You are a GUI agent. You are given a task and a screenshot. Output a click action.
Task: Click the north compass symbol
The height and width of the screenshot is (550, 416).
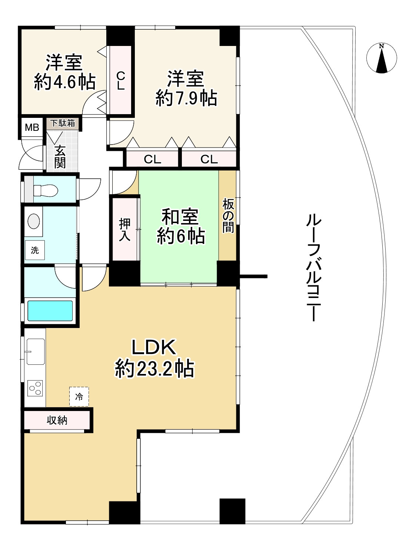(381, 59)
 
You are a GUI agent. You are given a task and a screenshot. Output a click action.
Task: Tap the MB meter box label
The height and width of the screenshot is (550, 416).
(32, 127)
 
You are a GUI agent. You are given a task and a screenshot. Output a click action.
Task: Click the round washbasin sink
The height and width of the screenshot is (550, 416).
(34, 221)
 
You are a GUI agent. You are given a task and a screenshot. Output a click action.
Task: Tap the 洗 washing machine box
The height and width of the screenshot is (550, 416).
(35, 250)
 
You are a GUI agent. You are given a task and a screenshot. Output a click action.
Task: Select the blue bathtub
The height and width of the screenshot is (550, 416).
(50, 311)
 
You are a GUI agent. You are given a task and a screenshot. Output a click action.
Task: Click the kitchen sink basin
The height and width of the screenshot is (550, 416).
(35, 351)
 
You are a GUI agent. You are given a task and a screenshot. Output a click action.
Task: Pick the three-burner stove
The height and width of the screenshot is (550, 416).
(35, 389)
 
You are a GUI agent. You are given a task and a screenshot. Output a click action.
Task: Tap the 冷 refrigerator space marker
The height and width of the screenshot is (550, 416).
(79, 397)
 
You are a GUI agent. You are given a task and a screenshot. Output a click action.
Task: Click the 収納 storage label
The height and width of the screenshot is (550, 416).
(57, 420)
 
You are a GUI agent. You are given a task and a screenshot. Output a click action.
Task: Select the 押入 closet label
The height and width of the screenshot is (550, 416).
(125, 230)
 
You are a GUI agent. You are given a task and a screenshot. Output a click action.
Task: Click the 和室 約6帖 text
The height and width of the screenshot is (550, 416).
(180, 226)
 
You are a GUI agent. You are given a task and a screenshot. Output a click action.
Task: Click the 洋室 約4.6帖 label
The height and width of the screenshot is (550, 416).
(64, 72)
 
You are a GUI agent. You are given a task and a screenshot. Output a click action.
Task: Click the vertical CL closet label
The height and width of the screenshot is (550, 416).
(120, 81)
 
